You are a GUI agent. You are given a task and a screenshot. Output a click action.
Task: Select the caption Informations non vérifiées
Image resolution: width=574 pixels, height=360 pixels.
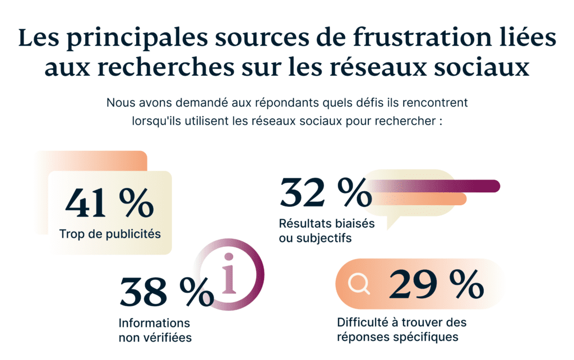point(155,330)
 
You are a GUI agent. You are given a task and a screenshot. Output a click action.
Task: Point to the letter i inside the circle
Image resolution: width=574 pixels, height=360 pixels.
point(228,274)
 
